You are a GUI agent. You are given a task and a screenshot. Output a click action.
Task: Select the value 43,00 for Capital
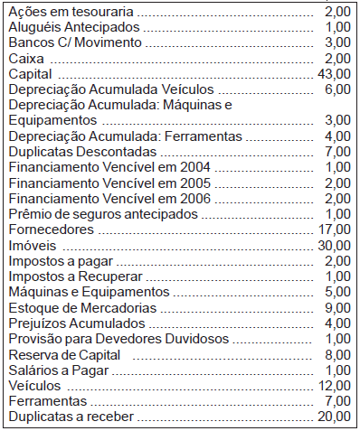(x=334, y=73)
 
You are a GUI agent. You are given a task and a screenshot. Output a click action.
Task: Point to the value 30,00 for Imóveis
(x=334, y=245)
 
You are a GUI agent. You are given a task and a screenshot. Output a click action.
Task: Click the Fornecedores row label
(x=50, y=230)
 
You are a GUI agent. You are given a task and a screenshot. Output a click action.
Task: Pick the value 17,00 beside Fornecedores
(x=334, y=230)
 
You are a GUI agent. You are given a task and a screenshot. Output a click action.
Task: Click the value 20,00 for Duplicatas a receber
(x=334, y=416)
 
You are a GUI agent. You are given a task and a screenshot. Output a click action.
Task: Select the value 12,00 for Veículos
(x=334, y=385)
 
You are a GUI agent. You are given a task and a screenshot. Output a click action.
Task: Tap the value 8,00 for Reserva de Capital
(x=337, y=354)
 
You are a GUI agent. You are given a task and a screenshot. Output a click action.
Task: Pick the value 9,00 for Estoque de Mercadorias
(x=337, y=307)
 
